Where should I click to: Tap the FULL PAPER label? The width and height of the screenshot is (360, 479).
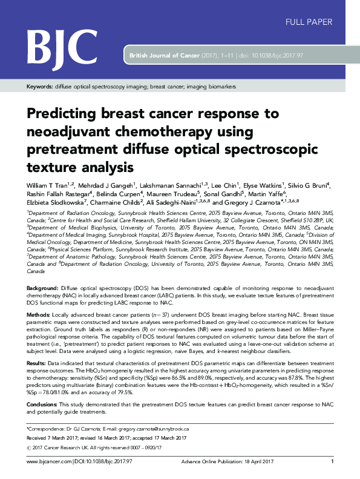[308, 22]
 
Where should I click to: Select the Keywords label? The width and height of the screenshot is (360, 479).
[39, 87]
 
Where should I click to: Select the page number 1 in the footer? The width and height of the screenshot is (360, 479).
[332, 461]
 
